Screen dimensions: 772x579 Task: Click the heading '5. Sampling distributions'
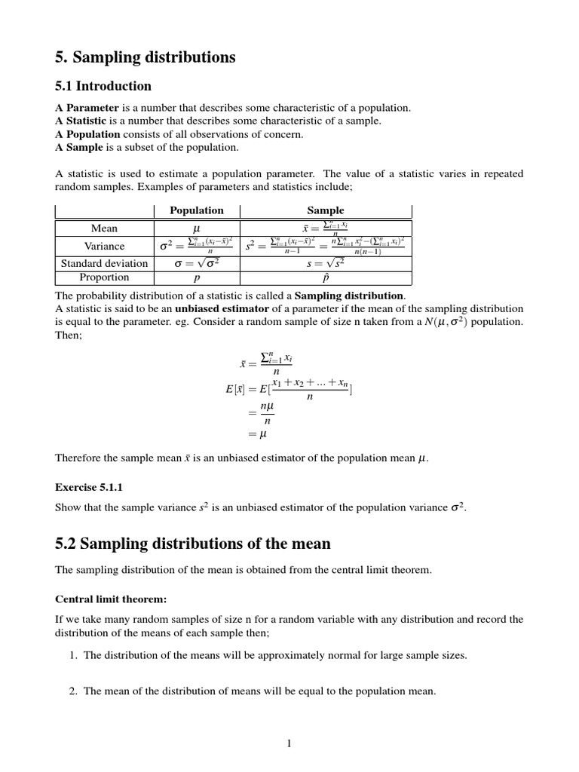click(146, 57)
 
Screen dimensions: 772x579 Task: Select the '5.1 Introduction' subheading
click(103, 86)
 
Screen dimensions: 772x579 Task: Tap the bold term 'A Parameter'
click(87, 108)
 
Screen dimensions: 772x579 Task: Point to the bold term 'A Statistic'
click(82, 121)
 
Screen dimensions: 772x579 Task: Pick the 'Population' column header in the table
click(196, 211)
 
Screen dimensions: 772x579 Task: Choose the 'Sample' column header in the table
click(326, 211)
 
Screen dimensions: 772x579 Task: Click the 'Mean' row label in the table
click(104, 228)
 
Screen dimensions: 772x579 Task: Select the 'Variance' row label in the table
click(104, 246)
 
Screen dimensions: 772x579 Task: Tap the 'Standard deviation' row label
click(104, 263)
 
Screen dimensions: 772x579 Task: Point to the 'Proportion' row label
click(104, 277)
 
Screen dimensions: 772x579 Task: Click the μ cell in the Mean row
click(196, 228)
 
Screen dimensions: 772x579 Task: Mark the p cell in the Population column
click(196, 277)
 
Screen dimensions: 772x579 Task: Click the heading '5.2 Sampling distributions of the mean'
click(193, 543)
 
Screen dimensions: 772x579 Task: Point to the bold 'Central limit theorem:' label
click(111, 599)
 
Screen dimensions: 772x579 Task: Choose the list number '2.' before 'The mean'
click(73, 691)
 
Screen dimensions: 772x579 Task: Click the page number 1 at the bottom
click(289, 743)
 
